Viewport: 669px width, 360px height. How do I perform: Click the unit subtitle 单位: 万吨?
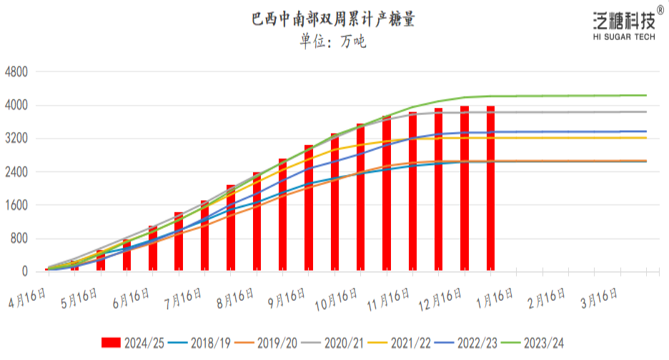pyautogui.click(x=333, y=41)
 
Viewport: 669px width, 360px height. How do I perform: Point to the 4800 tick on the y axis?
pyautogui.click(x=16, y=72)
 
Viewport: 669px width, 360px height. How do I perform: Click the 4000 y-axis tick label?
pyautogui.click(x=16, y=106)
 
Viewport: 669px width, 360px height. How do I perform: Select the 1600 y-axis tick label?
pyautogui.click(x=16, y=206)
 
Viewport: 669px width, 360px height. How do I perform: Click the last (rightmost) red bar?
pyautogui.click(x=491, y=189)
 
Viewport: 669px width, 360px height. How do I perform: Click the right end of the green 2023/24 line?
pyautogui.click(x=646, y=95)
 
